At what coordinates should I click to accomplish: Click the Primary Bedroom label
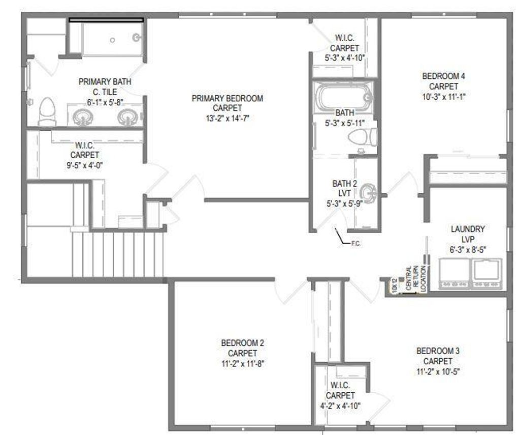pyautogui.click(x=227, y=103)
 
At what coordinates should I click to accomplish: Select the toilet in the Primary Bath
pyautogui.click(x=47, y=111)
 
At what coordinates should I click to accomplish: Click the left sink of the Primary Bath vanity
pyautogui.click(x=81, y=117)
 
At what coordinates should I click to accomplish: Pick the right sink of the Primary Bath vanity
pyautogui.click(x=126, y=117)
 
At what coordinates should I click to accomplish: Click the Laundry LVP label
pyautogui.click(x=467, y=234)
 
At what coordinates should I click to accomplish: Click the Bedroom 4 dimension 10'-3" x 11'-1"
pyautogui.click(x=443, y=97)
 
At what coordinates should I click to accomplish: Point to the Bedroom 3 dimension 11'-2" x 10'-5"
pyautogui.click(x=437, y=371)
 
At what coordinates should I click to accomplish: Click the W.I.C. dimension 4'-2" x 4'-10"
pyautogui.click(x=340, y=406)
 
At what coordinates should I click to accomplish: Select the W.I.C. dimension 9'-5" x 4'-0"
pyautogui.click(x=85, y=165)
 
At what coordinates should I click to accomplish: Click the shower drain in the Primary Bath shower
pyautogui.click(x=113, y=40)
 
